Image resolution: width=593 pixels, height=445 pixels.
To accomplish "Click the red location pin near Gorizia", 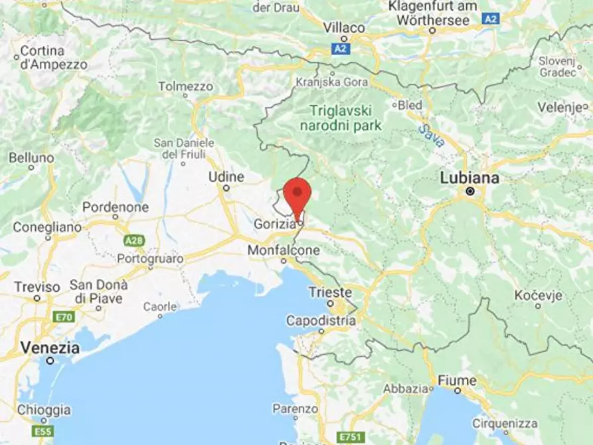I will [297, 193].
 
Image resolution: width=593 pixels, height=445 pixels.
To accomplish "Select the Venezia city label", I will [50, 347].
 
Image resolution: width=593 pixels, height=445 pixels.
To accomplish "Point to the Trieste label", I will [330, 292].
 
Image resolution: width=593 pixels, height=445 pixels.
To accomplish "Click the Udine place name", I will [226, 177].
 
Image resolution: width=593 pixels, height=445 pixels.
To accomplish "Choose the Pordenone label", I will [116, 207].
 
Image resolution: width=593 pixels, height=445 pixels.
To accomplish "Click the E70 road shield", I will [64, 317].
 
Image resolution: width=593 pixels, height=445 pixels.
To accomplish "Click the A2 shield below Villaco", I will [341, 48].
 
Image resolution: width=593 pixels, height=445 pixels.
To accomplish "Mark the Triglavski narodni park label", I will [341, 118].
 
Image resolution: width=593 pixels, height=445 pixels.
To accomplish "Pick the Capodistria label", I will [321, 321].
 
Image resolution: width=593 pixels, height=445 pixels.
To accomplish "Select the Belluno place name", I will [31, 158].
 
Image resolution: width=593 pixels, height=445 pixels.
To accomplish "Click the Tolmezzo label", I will [186, 86].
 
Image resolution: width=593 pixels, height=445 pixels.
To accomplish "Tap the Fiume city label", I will [457, 381].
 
